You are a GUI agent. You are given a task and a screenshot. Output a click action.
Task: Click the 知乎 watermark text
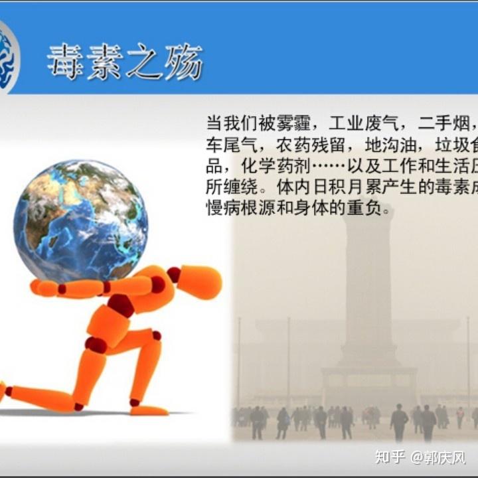click(x=390, y=457)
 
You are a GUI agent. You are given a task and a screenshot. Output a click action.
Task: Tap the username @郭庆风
click(x=438, y=457)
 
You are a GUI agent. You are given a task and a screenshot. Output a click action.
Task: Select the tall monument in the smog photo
click(x=369, y=285)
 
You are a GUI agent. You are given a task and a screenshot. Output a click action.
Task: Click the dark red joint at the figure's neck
click(x=174, y=274)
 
